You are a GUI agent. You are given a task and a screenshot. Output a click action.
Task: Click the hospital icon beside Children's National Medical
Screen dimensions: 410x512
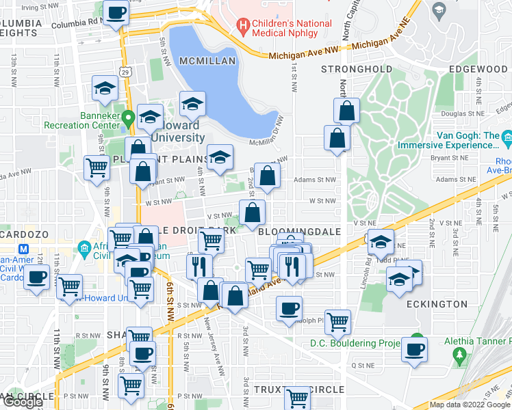point(242,28)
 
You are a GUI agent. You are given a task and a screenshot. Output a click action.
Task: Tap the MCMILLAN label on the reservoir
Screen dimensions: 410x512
point(207,61)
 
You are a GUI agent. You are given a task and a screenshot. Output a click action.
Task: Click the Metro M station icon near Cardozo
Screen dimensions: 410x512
point(25,249)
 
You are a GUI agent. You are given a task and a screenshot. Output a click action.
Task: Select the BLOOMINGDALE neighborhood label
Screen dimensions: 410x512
point(300,232)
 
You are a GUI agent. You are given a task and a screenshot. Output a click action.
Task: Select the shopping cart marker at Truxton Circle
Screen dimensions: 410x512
point(297,397)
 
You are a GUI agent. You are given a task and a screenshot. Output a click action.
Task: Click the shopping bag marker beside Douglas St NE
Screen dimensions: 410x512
point(347,111)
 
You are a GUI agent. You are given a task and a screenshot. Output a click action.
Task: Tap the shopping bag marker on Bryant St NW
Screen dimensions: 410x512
point(268,175)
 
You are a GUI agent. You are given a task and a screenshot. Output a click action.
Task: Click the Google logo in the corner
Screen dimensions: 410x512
point(23,402)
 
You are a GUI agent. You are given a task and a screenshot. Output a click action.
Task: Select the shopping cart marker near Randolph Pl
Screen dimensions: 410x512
point(337,321)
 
